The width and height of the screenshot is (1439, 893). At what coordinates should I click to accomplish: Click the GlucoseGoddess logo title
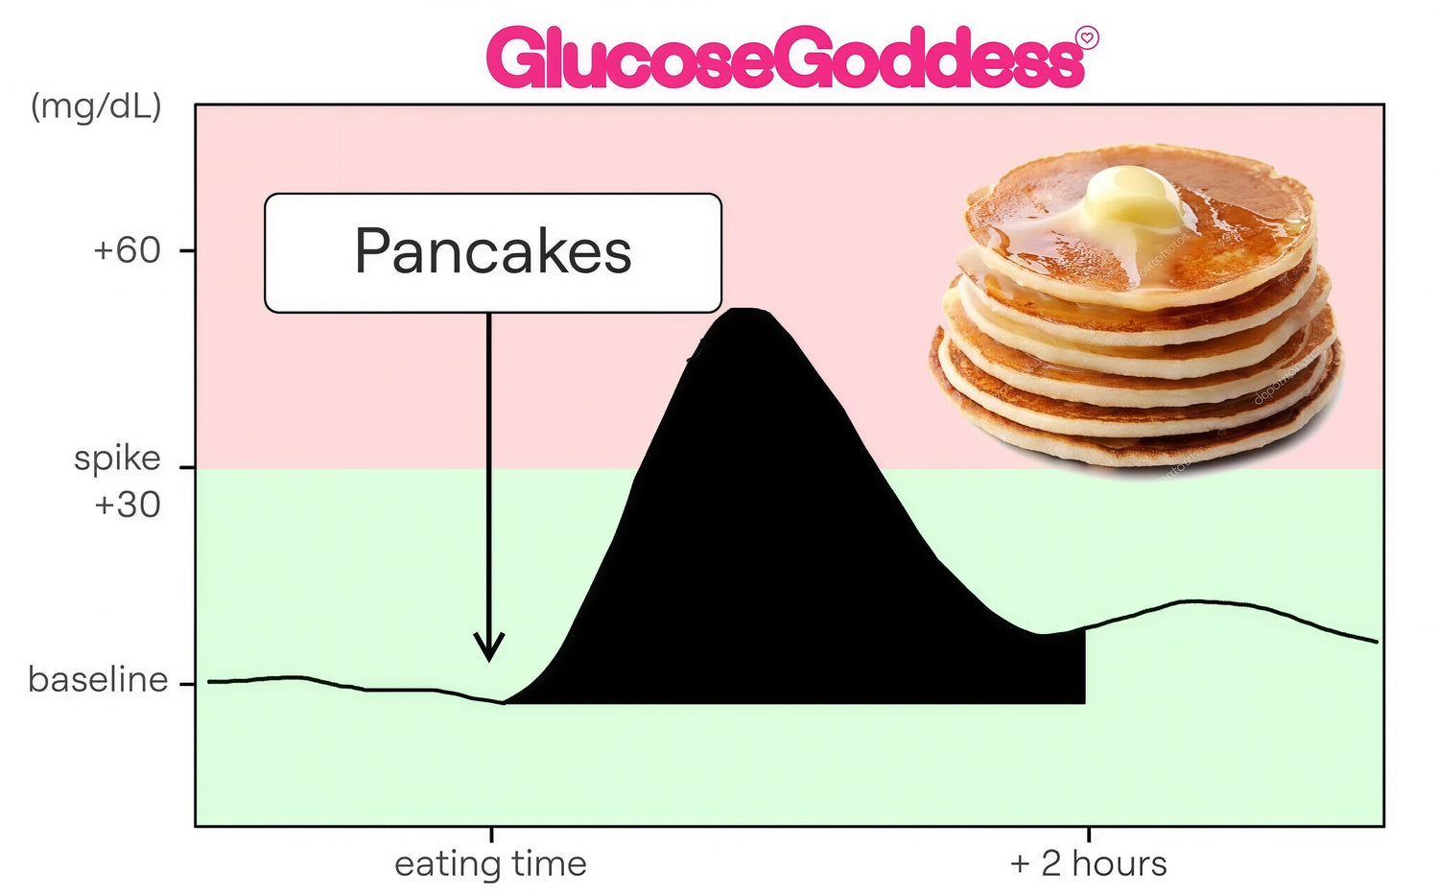click(x=786, y=57)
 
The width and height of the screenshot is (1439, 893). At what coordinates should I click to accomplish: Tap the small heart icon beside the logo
click(x=1088, y=38)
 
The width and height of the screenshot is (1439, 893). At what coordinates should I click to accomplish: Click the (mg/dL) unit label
click(x=96, y=107)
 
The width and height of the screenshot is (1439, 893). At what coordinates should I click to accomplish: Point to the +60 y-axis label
click(x=128, y=250)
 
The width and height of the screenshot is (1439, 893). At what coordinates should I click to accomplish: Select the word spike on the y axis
click(x=117, y=459)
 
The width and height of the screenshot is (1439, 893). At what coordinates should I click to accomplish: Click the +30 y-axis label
click(x=128, y=505)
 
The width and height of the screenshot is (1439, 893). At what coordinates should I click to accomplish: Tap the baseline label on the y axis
click(x=98, y=679)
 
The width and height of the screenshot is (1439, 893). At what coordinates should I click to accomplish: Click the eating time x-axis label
click(x=491, y=864)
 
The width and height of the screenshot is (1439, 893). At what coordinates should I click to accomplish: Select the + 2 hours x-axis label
click(x=1088, y=864)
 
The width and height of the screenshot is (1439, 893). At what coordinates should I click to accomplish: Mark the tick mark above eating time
click(x=491, y=834)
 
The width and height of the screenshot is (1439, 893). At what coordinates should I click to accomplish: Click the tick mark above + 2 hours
click(x=1088, y=834)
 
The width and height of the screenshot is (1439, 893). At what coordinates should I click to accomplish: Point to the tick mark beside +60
click(x=187, y=250)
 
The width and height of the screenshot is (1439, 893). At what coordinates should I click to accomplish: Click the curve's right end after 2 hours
click(x=1377, y=641)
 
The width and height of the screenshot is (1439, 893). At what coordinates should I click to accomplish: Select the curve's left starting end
click(x=208, y=682)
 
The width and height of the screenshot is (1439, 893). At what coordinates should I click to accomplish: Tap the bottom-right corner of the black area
click(x=1085, y=703)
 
